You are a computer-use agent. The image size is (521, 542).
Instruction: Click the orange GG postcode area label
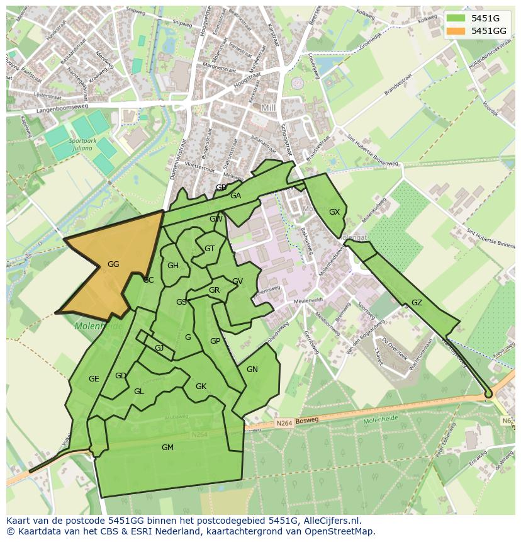(x=113, y=264)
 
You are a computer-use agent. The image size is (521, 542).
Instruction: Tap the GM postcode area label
(x=167, y=448)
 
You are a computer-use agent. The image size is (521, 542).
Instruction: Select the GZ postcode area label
(x=417, y=303)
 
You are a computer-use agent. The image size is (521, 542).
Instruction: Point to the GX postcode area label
(x=334, y=212)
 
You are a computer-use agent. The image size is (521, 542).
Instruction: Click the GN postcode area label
(x=252, y=370)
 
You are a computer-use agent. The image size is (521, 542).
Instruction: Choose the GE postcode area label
(x=94, y=379)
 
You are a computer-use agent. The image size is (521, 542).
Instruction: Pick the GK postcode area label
(x=201, y=387)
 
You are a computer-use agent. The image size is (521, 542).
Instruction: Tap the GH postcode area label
(x=173, y=266)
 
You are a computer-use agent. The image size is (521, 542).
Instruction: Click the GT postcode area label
(x=210, y=249)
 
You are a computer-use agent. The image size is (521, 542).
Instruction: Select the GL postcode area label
(x=139, y=392)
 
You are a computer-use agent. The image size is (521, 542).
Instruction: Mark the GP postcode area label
(x=215, y=341)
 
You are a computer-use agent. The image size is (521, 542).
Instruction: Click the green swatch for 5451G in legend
(x=456, y=18)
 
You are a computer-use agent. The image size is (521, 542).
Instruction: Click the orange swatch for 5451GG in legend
(x=456, y=30)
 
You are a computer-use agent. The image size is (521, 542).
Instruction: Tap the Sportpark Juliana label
(x=83, y=145)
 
